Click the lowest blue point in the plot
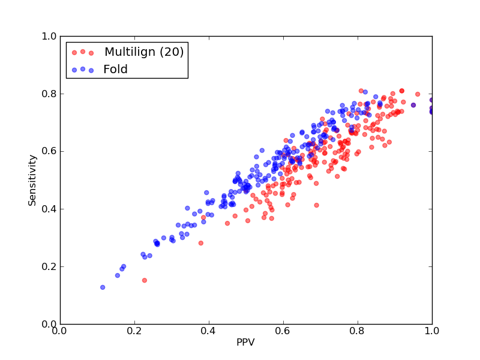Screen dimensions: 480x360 pos(103,287)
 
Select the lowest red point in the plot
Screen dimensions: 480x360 pos(145,280)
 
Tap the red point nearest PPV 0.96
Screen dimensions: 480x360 pos(418,94)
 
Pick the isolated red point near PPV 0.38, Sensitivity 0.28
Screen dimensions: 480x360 pos(201,243)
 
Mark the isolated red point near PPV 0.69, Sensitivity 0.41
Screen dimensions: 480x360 pos(317,205)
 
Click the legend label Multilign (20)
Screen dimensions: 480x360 pos(144,52)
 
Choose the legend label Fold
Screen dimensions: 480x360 pos(115,69)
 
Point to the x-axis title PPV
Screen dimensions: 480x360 pos(245,342)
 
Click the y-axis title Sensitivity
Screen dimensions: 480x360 pos(32,180)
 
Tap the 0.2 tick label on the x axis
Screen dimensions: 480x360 pos(134,331)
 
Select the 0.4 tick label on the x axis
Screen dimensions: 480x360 pos(209,331)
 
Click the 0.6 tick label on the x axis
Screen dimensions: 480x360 pos(283,331)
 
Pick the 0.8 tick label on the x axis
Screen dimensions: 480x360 pos(358,331)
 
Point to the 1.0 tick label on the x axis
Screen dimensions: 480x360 pos(432,331)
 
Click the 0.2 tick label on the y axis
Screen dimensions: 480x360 pos(49,266)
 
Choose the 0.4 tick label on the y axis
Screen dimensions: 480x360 pos(49,209)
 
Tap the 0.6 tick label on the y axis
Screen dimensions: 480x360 pos(49,152)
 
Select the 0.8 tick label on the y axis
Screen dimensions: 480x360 pos(49,94)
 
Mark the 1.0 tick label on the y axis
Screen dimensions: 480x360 pos(49,36)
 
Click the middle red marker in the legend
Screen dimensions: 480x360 pos(83,52)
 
